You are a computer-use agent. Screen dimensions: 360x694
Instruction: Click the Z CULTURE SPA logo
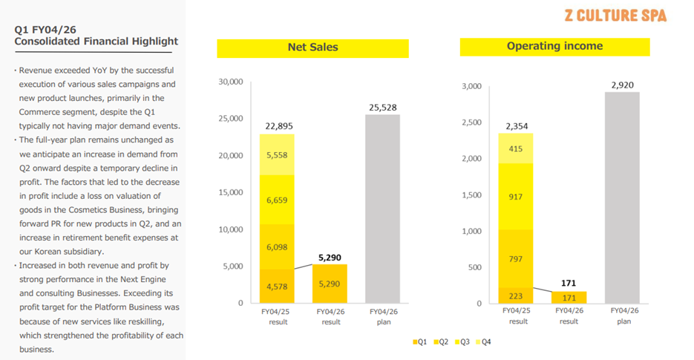coord(615,16)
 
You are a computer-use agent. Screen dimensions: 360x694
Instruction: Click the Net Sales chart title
coord(312,48)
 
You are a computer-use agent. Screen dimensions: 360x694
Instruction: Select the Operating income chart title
coord(554,46)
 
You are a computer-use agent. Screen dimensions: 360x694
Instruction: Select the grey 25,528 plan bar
coord(382,208)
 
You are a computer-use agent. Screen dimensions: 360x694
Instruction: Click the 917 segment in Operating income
coord(515,197)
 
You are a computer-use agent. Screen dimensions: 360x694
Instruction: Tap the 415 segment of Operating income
coord(515,148)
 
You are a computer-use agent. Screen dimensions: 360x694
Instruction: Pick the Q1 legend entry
coord(420,342)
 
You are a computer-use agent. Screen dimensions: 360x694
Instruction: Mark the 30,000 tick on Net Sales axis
coord(231,82)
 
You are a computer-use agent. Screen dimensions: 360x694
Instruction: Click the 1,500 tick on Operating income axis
coord(471,194)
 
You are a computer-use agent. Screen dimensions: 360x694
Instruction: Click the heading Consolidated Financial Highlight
coord(96,41)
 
